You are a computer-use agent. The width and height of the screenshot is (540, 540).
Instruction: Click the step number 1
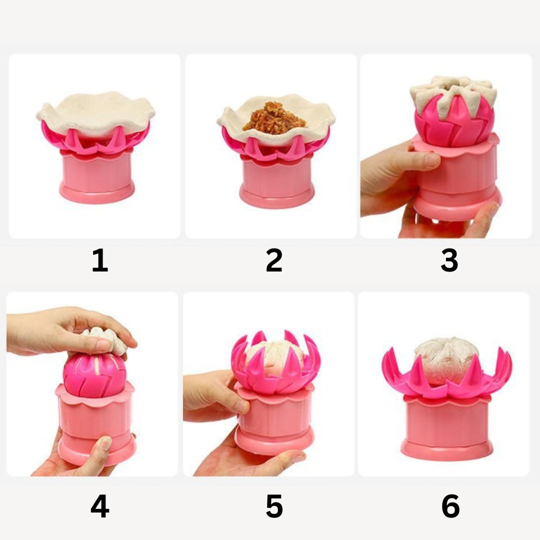coord(100,260)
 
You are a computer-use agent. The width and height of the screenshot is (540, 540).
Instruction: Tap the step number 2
coord(274,260)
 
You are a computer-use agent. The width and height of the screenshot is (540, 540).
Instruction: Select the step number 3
coord(449,260)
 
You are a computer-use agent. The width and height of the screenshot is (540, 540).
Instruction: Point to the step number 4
coord(100,506)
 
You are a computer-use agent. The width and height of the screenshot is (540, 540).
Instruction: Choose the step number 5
coord(274,506)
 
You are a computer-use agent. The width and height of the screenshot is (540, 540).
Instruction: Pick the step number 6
coord(450,506)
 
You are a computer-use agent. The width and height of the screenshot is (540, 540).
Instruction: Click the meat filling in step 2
coord(274,118)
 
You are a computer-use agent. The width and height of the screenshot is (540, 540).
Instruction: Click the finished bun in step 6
coord(446,360)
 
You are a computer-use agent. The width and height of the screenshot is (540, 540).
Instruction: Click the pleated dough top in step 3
coord(453,93)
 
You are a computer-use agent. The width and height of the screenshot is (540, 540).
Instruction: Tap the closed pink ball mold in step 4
coord(95,375)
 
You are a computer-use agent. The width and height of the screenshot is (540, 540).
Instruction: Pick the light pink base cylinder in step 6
coord(446,427)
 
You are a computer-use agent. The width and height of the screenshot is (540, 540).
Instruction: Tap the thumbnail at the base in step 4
coord(104,443)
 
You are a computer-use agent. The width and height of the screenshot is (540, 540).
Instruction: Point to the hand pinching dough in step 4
coord(69,330)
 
